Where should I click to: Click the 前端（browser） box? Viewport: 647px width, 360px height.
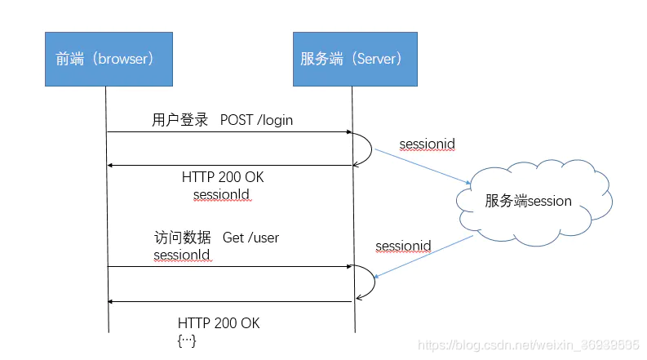pyautogui.click(x=108, y=58)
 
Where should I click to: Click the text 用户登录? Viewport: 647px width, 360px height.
pyautogui.click(x=180, y=120)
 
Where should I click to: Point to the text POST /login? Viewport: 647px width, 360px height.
pyautogui.click(x=256, y=120)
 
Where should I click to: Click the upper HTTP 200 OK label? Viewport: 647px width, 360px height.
pyautogui.click(x=223, y=177)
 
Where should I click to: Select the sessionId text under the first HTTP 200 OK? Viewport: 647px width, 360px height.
pyautogui.click(x=221, y=193)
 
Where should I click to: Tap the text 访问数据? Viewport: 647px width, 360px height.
pyautogui.click(x=182, y=238)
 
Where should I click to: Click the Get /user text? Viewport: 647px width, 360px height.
pyautogui.click(x=251, y=238)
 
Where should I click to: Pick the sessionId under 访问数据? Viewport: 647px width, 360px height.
pyautogui.click(x=181, y=255)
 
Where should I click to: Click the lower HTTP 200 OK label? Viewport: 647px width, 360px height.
pyautogui.click(x=219, y=323)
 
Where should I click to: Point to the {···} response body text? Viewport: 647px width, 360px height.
pyautogui.click(x=188, y=340)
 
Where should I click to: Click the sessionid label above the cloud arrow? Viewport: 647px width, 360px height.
pyautogui.click(x=427, y=144)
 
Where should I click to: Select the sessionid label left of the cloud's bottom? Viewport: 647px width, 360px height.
pyautogui.click(x=403, y=246)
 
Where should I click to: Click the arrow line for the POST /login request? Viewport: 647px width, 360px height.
pyautogui.click(x=228, y=131)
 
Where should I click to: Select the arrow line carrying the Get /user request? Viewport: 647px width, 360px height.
pyautogui.click(x=228, y=266)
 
